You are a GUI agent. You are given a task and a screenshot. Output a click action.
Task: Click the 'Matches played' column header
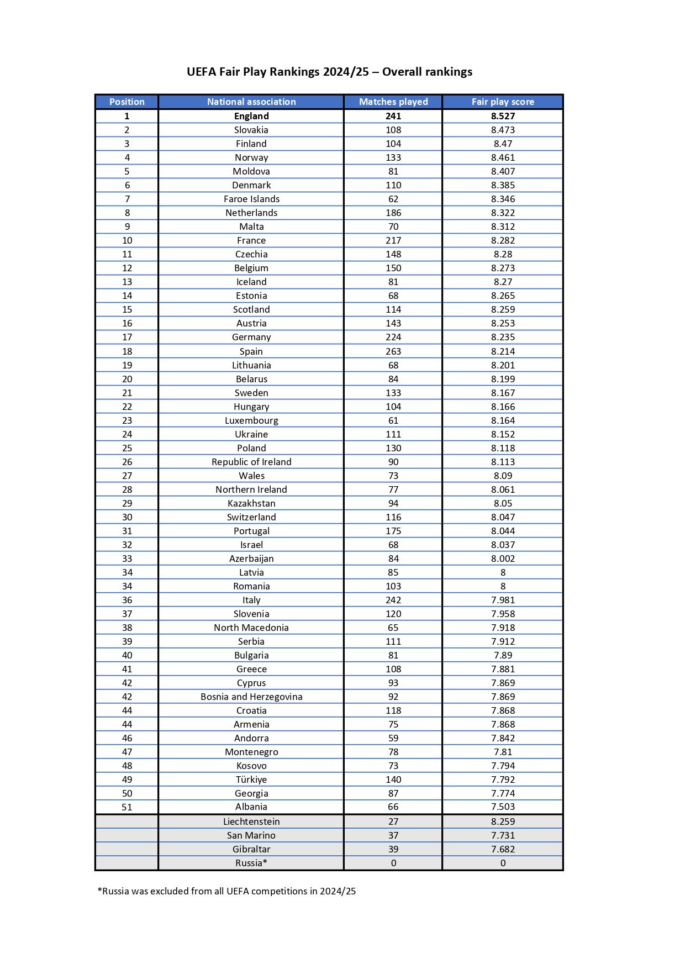click(x=393, y=102)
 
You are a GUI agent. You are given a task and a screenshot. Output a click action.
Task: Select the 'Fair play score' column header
click(x=503, y=102)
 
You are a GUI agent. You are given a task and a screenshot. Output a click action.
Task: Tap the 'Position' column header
click(x=127, y=102)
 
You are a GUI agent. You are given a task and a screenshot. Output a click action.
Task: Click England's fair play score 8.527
click(x=503, y=116)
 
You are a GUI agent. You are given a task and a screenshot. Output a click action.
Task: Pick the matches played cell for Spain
click(x=393, y=351)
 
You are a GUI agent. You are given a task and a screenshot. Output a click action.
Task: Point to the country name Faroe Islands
click(x=251, y=199)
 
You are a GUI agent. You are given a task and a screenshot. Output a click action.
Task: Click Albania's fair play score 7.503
click(x=503, y=807)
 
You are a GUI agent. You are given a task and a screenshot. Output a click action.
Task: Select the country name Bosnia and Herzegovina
click(x=251, y=697)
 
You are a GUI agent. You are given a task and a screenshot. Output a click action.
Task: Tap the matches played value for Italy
click(x=393, y=600)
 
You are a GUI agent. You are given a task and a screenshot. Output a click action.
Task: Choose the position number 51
click(x=127, y=807)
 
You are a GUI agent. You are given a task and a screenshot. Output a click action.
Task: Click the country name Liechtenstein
click(x=251, y=821)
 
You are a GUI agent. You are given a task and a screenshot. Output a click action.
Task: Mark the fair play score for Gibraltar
click(x=503, y=849)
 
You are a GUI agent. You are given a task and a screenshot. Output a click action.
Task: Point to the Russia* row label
click(x=251, y=863)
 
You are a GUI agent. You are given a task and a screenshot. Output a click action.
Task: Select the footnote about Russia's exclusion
click(x=226, y=891)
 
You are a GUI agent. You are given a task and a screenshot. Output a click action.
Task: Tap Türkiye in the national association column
click(x=251, y=780)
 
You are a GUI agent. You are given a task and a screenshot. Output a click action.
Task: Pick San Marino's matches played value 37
click(x=393, y=835)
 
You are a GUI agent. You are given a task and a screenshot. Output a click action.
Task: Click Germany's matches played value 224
click(x=393, y=337)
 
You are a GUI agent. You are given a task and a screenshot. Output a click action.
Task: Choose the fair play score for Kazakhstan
click(x=503, y=503)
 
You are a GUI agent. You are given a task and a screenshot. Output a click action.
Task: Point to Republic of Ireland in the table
click(x=251, y=462)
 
